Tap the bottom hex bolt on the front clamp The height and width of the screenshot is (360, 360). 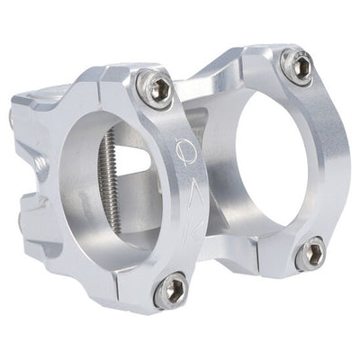tap(170, 290)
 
